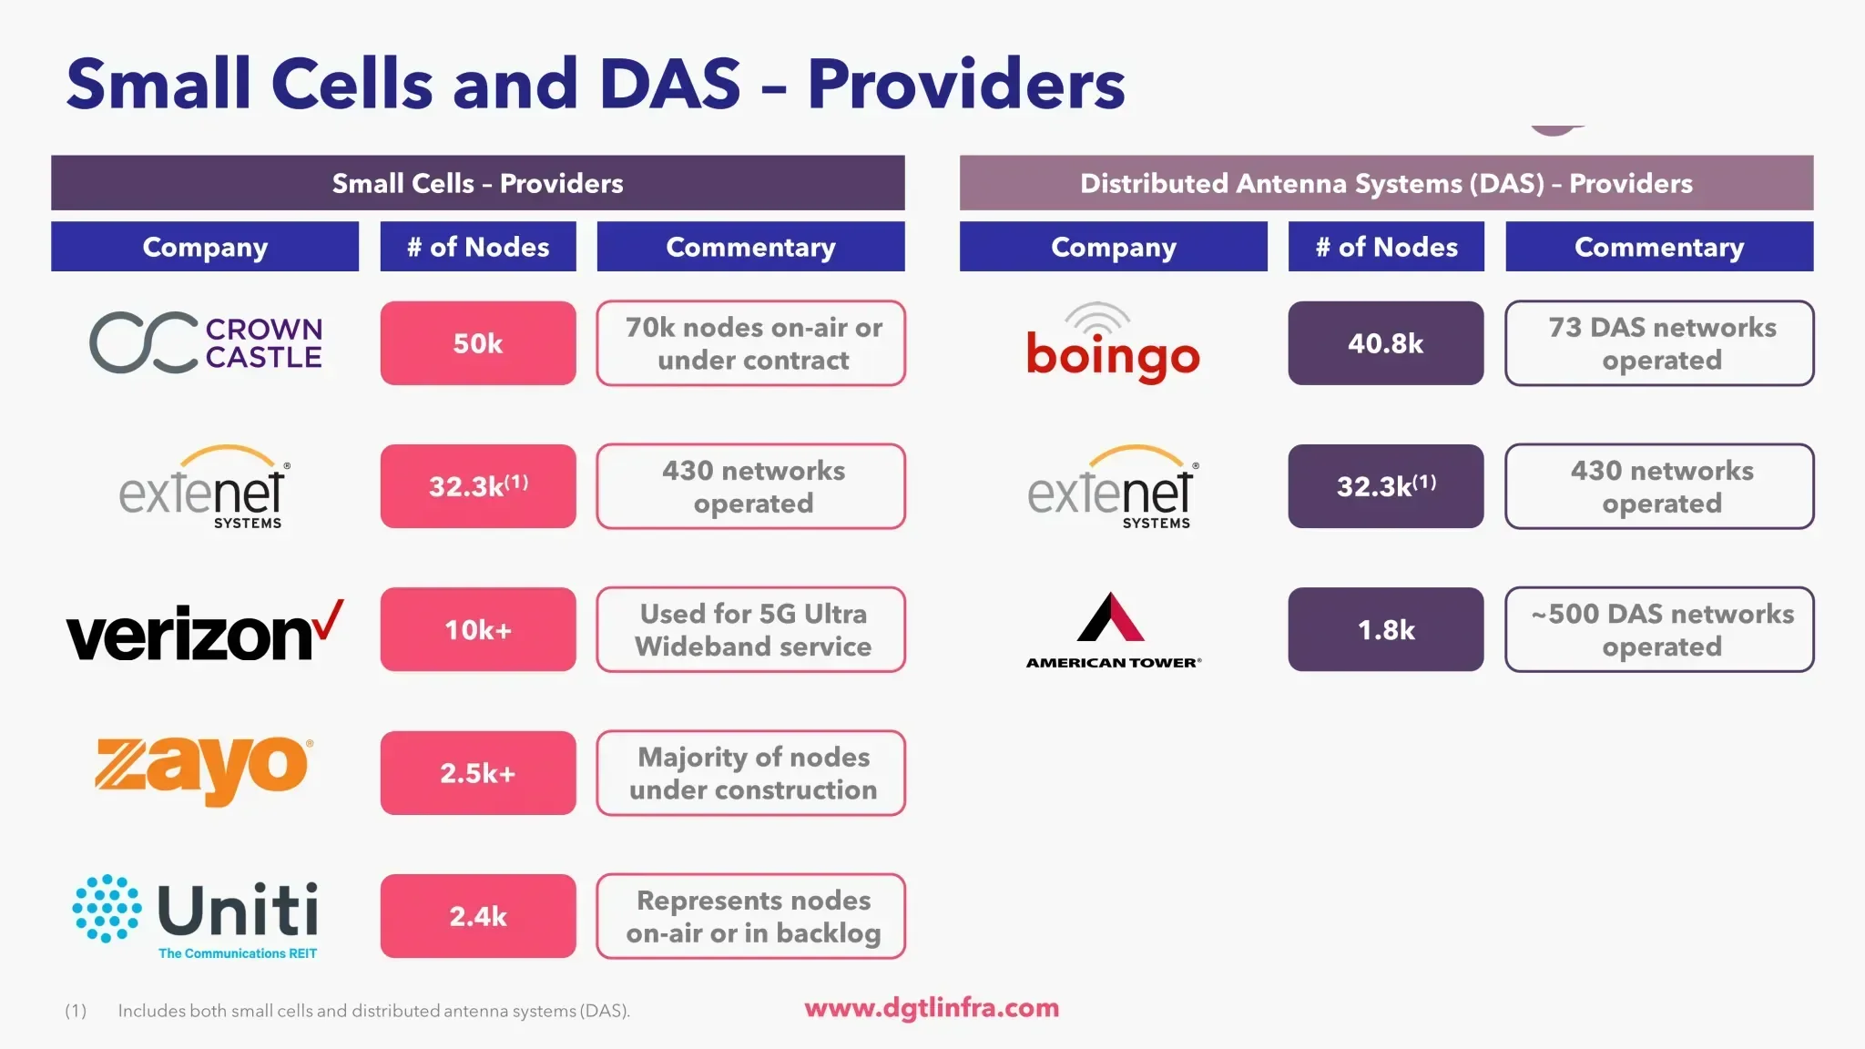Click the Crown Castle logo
206,343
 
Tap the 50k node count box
478,343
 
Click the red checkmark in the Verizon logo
329,620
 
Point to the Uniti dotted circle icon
107,909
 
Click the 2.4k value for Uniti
478,916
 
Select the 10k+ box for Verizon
478,630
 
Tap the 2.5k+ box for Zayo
478,773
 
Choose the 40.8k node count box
1385,343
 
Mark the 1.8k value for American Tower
1385,630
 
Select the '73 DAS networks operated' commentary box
1659,343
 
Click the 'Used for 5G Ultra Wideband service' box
751,630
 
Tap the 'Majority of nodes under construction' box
751,773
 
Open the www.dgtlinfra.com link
932,1008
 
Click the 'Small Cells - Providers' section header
478,183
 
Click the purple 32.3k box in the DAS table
1385,486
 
